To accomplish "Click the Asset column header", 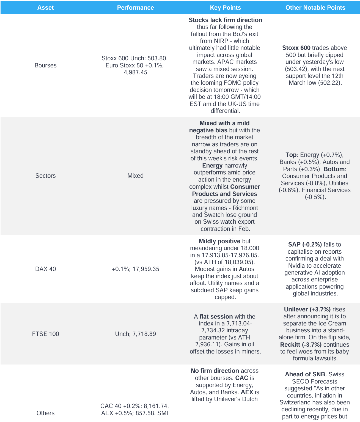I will click(45, 8).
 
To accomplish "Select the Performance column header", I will click(135, 8).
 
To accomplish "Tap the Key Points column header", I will click(225, 8).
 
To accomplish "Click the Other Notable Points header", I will click(315, 8).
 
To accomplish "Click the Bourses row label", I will click(45, 65).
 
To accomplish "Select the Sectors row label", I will click(45, 176).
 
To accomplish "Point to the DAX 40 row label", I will click(45, 269).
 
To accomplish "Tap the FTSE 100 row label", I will click(45, 334).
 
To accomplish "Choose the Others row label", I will click(45, 413).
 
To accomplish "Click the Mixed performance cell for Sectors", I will click(135, 176).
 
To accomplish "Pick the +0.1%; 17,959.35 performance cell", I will click(135, 269).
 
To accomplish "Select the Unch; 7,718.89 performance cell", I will click(135, 334).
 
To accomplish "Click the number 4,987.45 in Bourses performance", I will click(135, 72).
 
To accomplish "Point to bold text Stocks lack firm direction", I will click(225, 20).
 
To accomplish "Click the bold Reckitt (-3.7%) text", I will click(301, 345).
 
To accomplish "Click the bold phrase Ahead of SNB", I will click(305, 374).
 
